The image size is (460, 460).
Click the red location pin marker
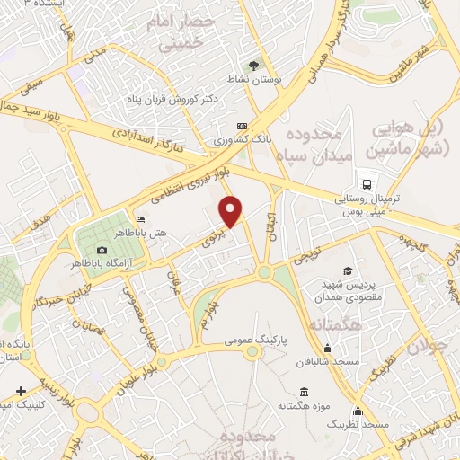coord(232,211)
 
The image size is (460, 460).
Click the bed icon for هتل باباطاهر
coord(138,219)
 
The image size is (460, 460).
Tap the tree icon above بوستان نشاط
coord(253,65)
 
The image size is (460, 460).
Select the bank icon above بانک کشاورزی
coord(241,126)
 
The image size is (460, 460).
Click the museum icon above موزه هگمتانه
coord(305,393)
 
